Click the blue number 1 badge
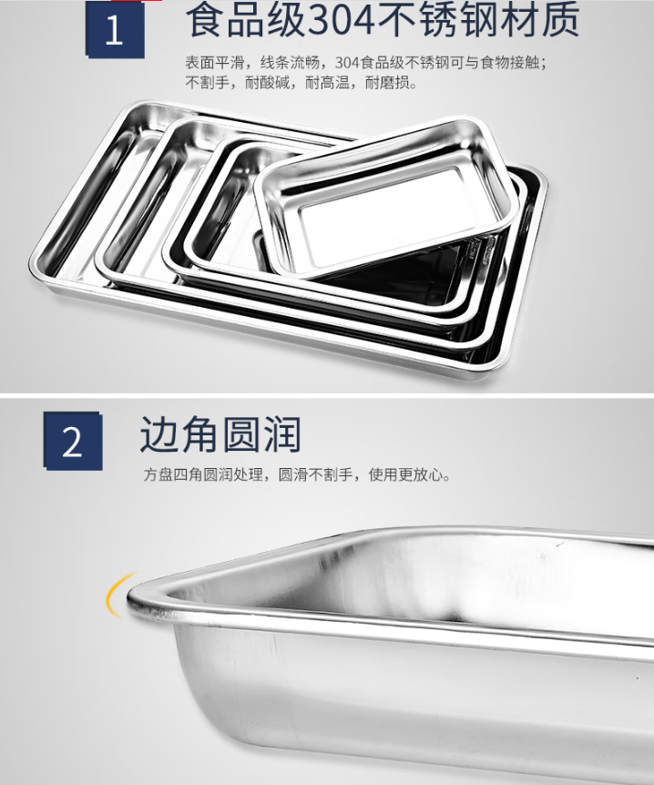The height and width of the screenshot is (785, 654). [x=115, y=29]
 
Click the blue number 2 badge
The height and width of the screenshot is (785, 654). [x=73, y=441]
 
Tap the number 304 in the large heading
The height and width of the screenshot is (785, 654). [x=341, y=20]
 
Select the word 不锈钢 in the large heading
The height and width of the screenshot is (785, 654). [x=438, y=20]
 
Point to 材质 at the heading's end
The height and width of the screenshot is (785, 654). [x=540, y=20]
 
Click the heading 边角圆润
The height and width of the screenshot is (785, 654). [x=220, y=434]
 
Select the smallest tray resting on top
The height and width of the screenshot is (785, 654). [x=383, y=198]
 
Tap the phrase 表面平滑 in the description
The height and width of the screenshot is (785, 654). [x=215, y=63]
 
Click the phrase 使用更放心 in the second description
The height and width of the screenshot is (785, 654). [x=405, y=474]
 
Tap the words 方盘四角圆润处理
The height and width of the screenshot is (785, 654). [x=203, y=474]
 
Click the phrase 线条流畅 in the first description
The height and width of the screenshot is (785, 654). [x=290, y=63]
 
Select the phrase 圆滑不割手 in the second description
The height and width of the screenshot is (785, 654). [x=315, y=474]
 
